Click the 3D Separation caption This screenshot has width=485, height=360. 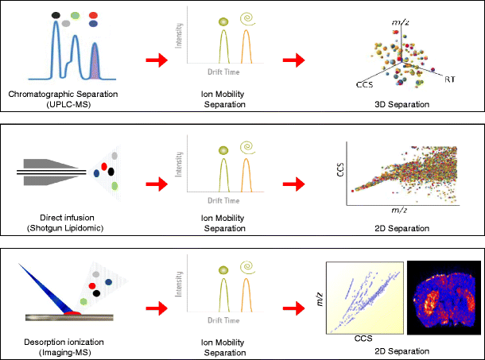pos(404,103)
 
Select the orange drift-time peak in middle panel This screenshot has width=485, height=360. pos(246,175)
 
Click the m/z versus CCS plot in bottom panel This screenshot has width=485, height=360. pos(364,297)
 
